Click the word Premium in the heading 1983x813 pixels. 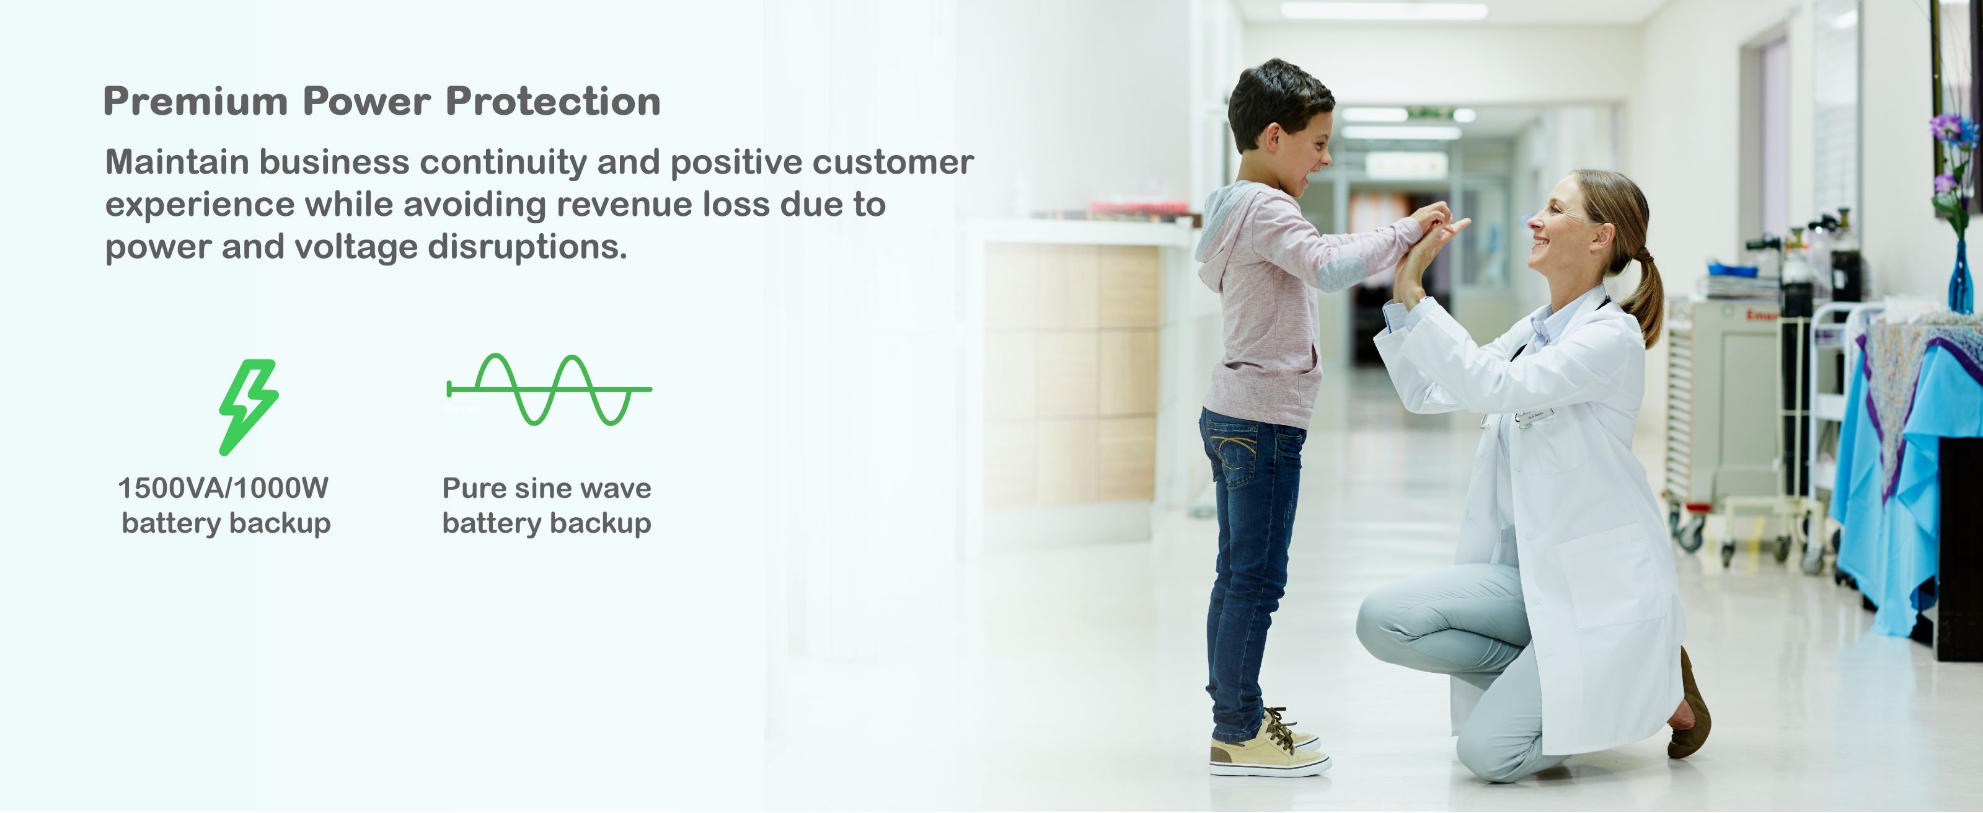point(195,101)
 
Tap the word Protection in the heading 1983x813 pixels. point(553,101)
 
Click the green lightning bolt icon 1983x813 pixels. point(249,407)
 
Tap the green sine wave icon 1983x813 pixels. point(549,389)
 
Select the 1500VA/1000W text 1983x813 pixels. point(223,488)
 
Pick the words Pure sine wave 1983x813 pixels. point(547,488)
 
